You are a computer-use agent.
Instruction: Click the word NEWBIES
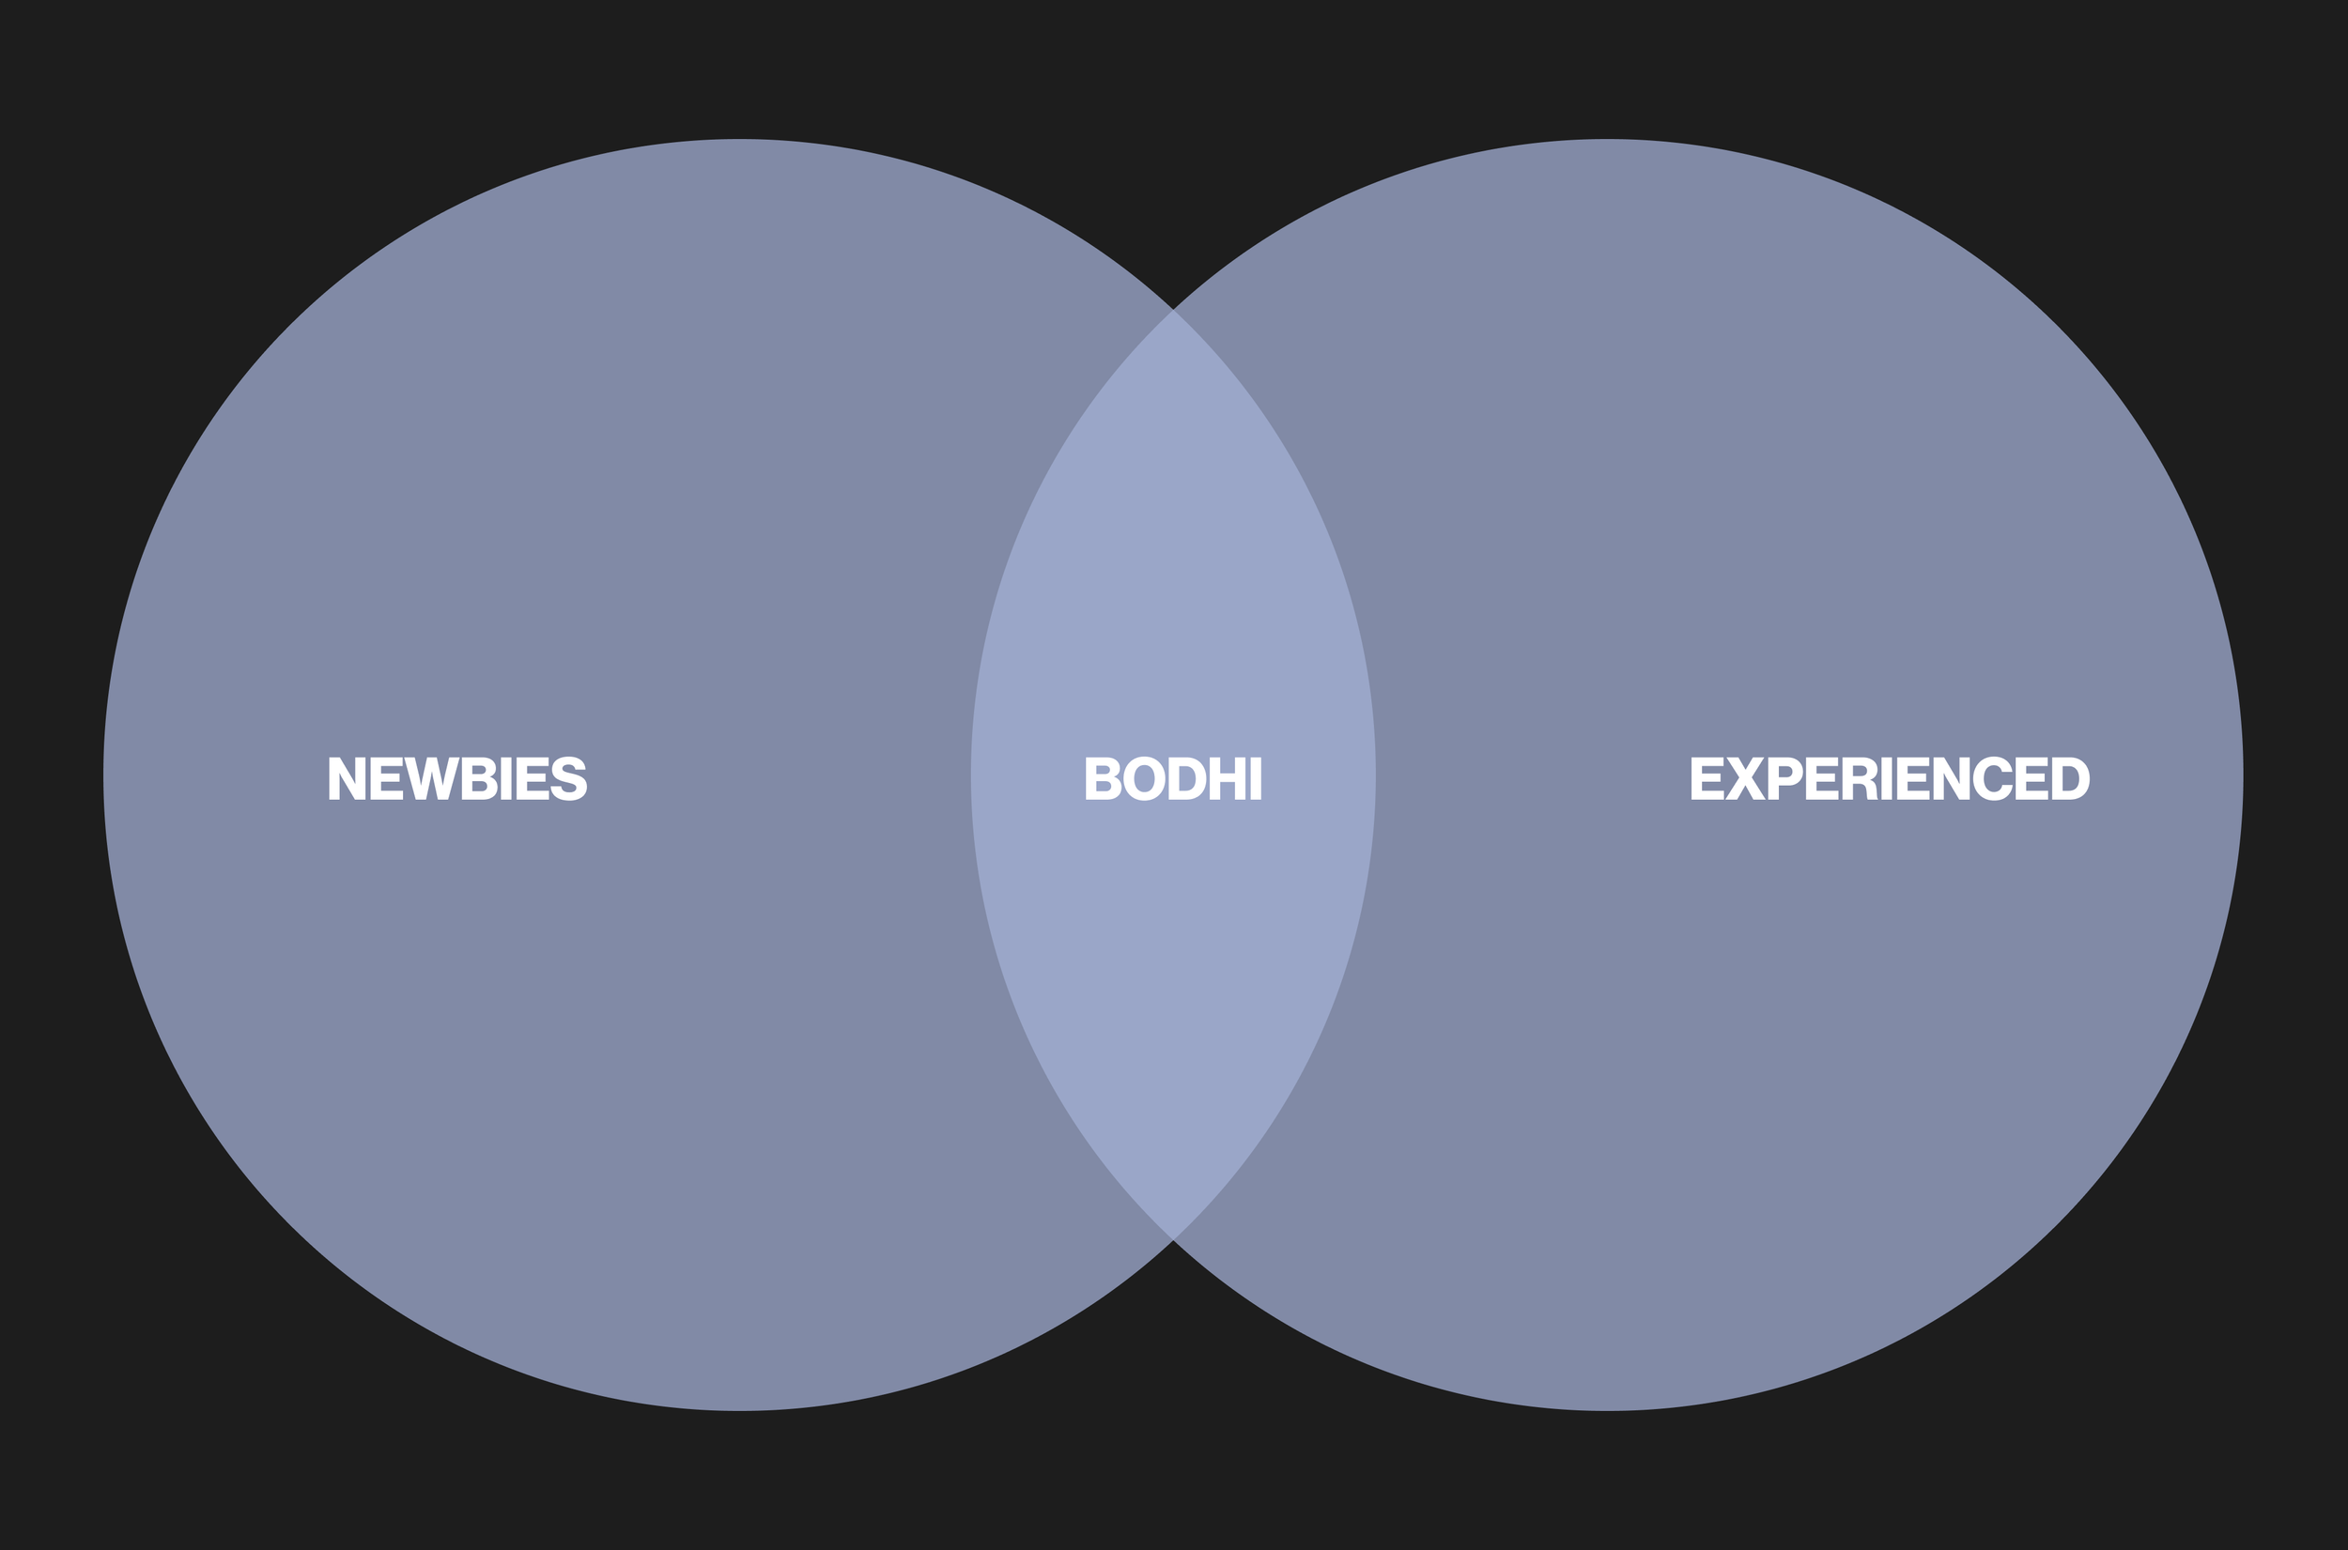click(457, 779)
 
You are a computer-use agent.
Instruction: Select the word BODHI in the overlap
click(1172, 779)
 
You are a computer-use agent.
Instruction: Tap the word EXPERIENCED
click(1891, 779)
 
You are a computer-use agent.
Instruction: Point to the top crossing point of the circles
click(1173, 311)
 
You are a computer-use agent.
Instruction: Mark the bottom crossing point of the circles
click(1173, 1238)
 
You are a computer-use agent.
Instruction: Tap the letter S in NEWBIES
click(568, 779)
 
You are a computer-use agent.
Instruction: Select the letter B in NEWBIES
click(478, 779)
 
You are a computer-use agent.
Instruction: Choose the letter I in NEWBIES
click(506, 779)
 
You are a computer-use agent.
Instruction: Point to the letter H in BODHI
click(1228, 779)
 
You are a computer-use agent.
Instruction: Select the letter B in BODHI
click(1103, 779)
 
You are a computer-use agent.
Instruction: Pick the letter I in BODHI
click(1257, 779)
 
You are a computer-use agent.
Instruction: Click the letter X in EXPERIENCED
click(1745, 779)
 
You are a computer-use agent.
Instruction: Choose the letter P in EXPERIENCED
click(1784, 779)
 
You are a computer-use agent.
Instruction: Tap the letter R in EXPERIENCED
click(1860, 779)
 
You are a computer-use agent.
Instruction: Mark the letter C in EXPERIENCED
click(1993, 779)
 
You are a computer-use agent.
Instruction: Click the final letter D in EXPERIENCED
click(2071, 779)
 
